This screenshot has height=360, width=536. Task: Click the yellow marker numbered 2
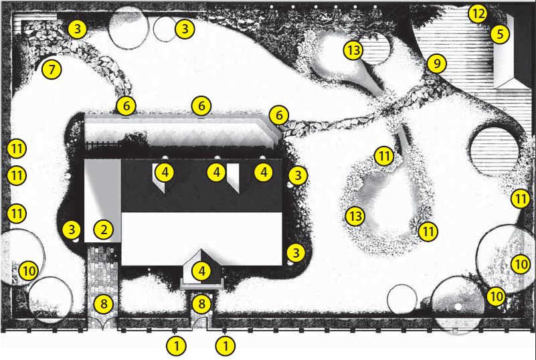(x=103, y=230)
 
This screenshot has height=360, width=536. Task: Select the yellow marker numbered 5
(x=500, y=34)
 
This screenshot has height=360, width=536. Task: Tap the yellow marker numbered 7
(x=52, y=70)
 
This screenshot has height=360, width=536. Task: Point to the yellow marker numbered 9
(x=436, y=64)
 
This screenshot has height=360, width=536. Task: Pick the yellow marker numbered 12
(x=477, y=14)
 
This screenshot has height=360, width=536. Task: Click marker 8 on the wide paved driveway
(x=104, y=304)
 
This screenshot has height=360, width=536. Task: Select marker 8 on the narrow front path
(x=201, y=304)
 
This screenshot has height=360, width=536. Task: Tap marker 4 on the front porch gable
(x=201, y=271)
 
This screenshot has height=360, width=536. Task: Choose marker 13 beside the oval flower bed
(x=355, y=216)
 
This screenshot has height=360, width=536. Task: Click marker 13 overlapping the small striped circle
(x=353, y=50)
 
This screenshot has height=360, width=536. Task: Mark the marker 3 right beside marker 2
(x=72, y=230)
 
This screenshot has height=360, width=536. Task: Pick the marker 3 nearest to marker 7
(x=77, y=29)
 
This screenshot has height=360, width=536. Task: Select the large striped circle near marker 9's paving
(x=495, y=151)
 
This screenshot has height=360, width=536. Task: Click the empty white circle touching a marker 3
(x=165, y=29)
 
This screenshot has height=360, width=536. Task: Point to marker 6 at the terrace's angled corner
(x=279, y=116)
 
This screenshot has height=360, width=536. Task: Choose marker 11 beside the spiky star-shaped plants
(x=428, y=232)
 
